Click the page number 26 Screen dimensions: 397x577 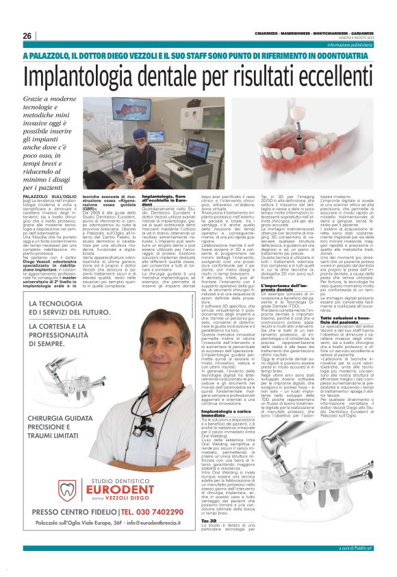point(27,36)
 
